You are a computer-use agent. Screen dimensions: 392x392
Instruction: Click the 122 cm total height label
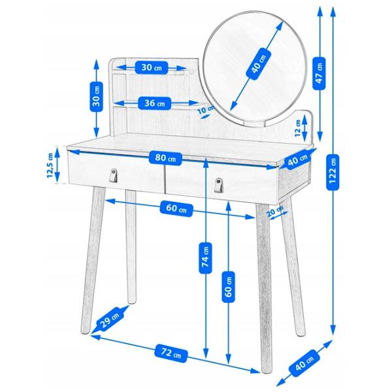point(333,172)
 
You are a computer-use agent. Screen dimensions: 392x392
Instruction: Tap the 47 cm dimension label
point(319,73)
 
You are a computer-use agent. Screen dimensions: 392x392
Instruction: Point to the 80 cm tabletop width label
point(165,159)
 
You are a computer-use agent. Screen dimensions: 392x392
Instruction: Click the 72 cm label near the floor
point(171,353)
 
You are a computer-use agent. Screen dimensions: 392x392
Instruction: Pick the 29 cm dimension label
point(110,319)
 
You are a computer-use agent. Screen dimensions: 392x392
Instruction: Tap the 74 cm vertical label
point(206,258)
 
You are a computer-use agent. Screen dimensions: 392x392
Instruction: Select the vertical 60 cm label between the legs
point(229,287)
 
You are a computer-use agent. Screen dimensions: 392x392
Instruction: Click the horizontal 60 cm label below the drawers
point(176,208)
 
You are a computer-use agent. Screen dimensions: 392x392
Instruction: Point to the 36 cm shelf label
point(154,103)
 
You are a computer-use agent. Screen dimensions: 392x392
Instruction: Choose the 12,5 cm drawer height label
point(50,165)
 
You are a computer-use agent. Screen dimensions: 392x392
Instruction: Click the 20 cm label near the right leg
point(274,212)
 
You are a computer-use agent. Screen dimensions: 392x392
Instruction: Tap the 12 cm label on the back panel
point(298,128)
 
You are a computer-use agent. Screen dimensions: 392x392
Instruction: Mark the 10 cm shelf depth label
point(206,110)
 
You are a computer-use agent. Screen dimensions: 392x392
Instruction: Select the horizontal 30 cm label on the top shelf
point(152,67)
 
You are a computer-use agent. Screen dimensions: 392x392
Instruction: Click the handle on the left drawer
point(113,175)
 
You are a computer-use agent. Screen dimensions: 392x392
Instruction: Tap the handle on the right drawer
point(218,185)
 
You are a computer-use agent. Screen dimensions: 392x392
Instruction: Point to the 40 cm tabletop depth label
point(297,160)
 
